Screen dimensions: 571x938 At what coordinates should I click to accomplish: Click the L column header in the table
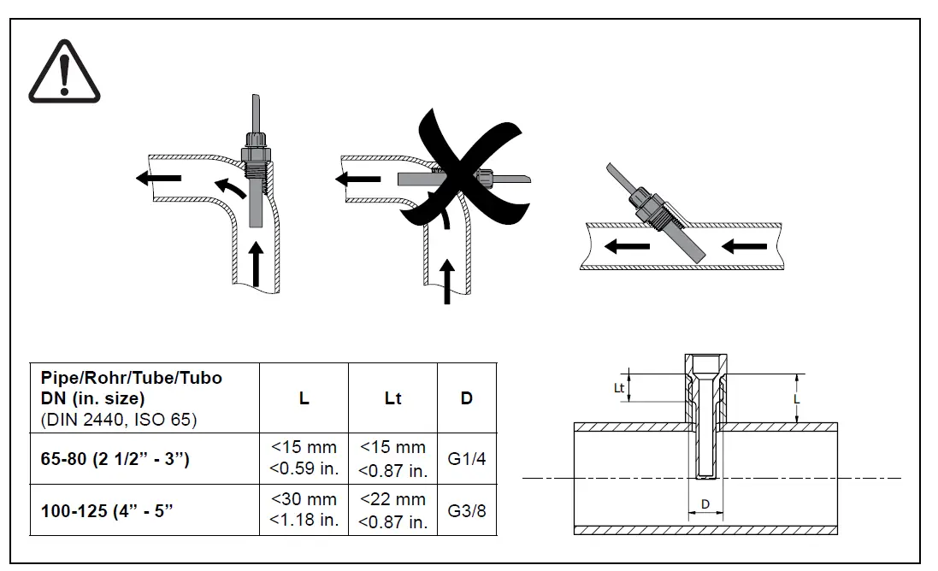[x=304, y=397]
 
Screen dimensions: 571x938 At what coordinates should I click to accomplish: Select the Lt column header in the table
[x=392, y=397]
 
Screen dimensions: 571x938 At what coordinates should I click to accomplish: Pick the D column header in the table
[x=467, y=397]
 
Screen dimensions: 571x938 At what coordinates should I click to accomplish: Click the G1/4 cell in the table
[x=467, y=459]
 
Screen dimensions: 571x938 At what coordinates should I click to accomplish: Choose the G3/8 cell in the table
[x=467, y=510]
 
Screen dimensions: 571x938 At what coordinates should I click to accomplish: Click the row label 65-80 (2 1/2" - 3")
[x=115, y=459]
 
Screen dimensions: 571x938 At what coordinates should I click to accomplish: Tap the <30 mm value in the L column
[x=304, y=499]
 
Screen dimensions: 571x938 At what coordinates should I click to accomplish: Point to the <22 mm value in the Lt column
[x=392, y=499]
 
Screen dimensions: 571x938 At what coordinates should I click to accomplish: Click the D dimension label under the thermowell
[x=705, y=504]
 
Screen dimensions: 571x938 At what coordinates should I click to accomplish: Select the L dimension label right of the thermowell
[x=796, y=398]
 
